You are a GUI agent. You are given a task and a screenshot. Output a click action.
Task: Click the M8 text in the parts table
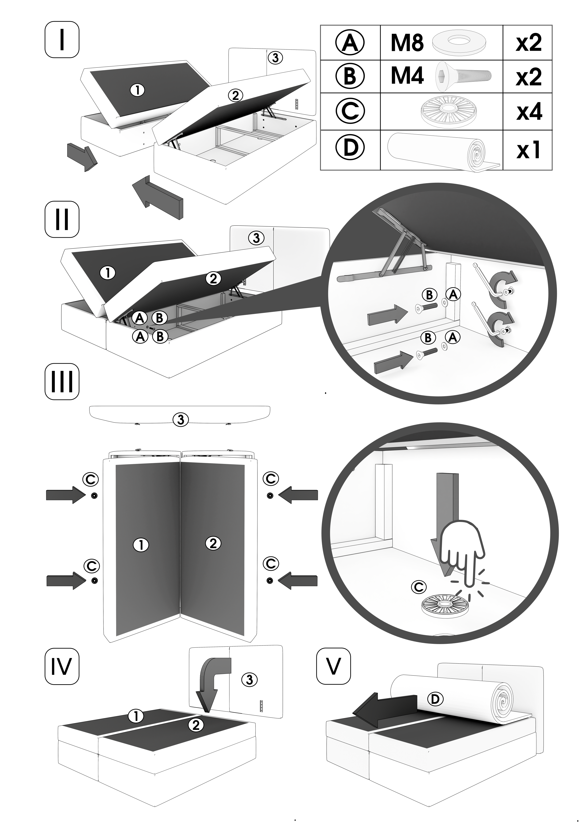tap(407, 43)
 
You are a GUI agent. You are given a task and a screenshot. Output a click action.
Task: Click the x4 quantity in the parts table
tap(529, 112)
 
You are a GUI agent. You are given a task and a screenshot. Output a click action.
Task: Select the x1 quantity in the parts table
tap(529, 150)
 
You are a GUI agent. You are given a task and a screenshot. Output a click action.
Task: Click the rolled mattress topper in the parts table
tap(444, 150)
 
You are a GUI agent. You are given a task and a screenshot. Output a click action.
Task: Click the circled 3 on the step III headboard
tap(181, 420)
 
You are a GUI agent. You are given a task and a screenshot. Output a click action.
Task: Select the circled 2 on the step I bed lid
tap(235, 95)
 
